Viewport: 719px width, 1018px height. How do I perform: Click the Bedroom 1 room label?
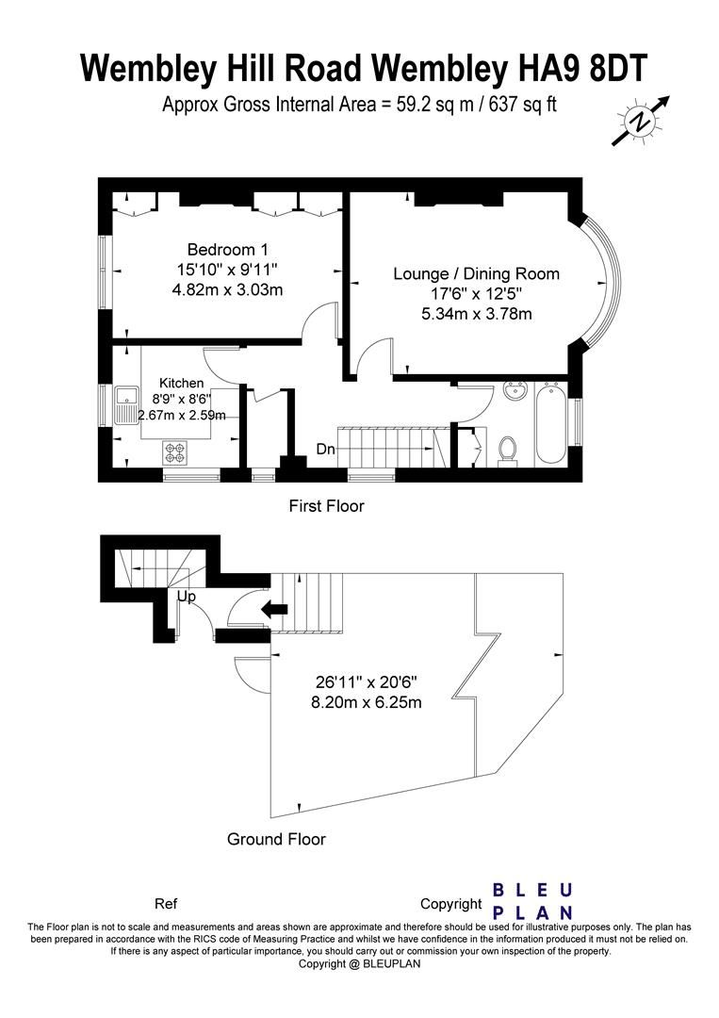[x=227, y=249]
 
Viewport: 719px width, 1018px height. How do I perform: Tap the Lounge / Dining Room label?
[x=476, y=274]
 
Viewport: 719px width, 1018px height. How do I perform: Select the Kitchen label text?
[x=182, y=384]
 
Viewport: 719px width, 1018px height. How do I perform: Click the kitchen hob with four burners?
[x=174, y=452]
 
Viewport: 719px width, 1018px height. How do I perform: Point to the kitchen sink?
[x=127, y=404]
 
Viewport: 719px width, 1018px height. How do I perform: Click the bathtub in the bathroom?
[x=552, y=423]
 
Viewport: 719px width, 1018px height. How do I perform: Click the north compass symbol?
[x=641, y=121]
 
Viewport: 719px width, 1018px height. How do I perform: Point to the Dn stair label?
[x=326, y=449]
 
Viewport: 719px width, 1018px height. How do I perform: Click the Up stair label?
[x=187, y=596]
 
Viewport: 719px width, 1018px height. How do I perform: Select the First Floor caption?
[x=326, y=506]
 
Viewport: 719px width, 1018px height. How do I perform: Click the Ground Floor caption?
[x=276, y=839]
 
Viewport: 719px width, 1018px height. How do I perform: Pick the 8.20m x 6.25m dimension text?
[x=367, y=702]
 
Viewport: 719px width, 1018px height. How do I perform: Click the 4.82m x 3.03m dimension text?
[x=227, y=289]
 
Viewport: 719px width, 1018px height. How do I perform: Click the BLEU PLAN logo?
[x=532, y=901]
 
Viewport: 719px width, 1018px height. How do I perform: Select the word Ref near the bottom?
[x=166, y=904]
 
